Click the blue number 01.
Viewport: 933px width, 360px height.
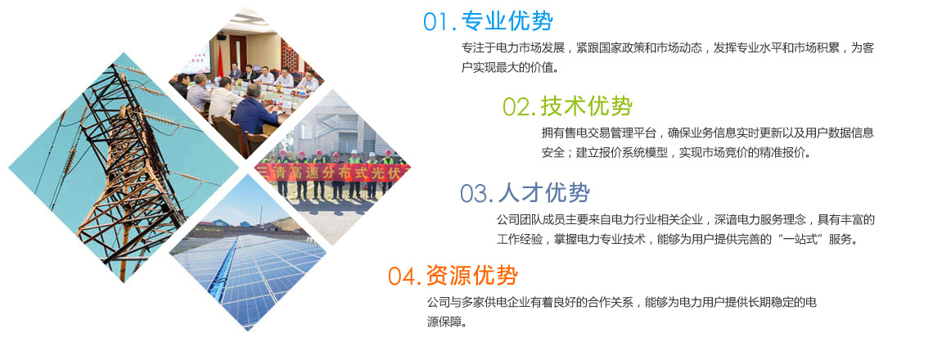pyautogui.click(x=439, y=22)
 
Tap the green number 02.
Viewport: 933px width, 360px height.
pyautogui.click(x=520, y=107)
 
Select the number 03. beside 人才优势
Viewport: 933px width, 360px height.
pyautogui.click(x=476, y=194)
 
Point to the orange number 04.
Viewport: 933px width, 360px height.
pyautogui.click(x=405, y=276)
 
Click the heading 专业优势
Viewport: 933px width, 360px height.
pyautogui.click(x=507, y=21)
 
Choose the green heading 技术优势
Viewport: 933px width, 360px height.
pyautogui.click(x=587, y=106)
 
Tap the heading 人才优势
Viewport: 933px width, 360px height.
pyautogui.click(x=544, y=193)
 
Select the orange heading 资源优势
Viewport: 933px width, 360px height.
pyautogui.click(x=472, y=276)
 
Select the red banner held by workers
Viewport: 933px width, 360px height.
pyautogui.click(x=332, y=172)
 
